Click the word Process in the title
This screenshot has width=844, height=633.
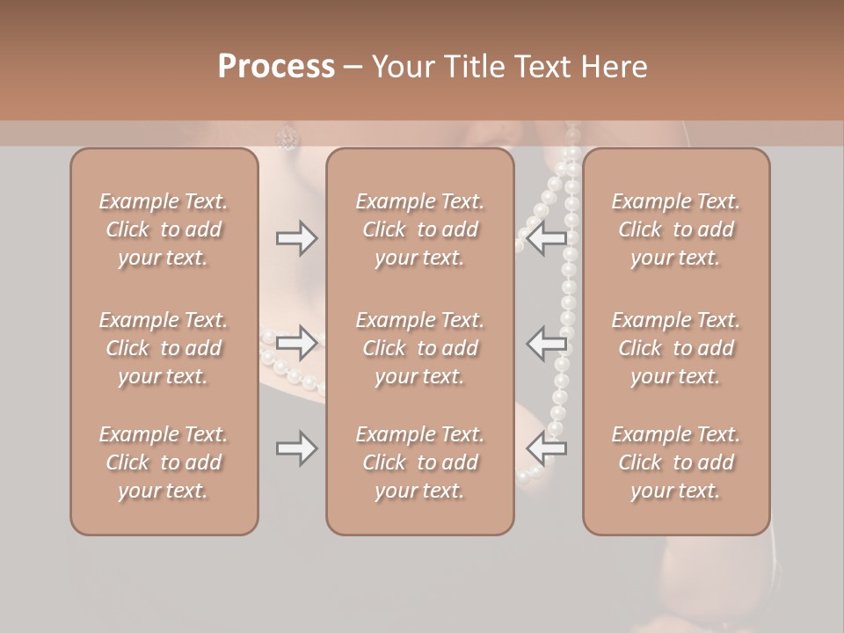point(276,67)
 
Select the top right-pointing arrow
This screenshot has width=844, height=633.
point(296,238)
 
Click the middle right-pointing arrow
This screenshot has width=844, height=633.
point(296,342)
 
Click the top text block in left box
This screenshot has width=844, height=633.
point(164,229)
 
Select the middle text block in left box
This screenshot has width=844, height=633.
point(164,348)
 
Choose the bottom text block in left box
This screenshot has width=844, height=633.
point(164,462)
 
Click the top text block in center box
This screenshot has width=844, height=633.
point(420,229)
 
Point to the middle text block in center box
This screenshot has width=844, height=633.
point(420,348)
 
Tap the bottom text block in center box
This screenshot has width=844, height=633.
point(420,462)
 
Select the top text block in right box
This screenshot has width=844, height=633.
point(676,229)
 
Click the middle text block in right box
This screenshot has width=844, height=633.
point(676,348)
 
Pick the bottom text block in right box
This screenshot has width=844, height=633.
point(676,462)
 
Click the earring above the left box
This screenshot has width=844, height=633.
point(287,135)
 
